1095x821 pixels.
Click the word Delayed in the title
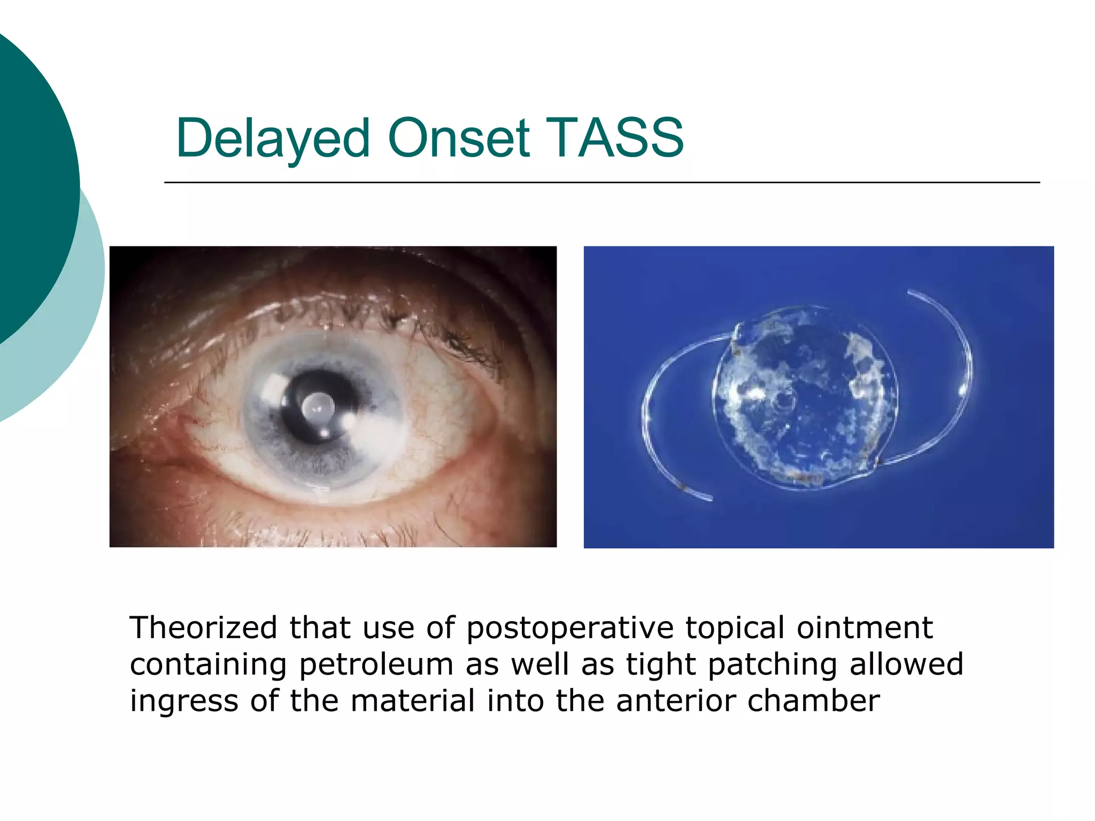pos(273,138)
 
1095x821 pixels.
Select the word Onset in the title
pos(459,138)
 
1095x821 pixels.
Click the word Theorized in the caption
pos(203,628)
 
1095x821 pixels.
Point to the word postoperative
pos(569,629)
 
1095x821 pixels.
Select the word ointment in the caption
pos(865,628)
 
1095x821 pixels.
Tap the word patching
pos(772,665)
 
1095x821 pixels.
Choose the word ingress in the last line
pos(184,701)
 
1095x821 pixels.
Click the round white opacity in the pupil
pos(318,408)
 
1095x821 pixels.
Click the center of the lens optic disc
pos(805,398)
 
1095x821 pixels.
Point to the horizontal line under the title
pos(602,183)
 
